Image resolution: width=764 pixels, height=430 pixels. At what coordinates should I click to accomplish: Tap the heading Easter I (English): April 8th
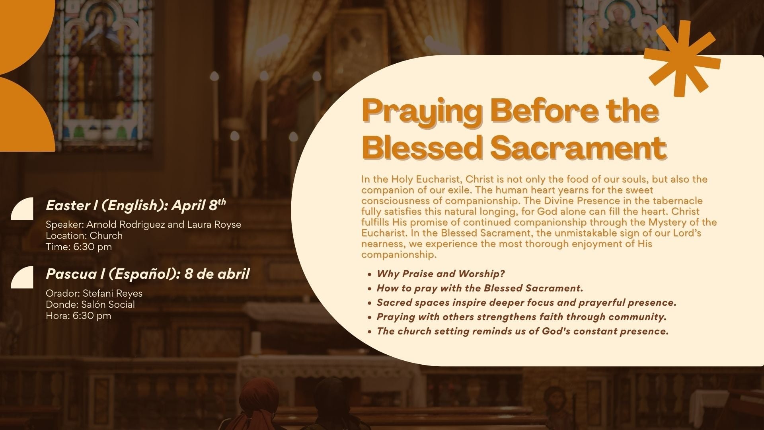pos(136,205)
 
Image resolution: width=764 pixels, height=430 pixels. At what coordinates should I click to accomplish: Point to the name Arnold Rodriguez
pos(125,225)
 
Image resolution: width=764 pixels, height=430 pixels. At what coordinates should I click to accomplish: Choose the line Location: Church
pos(84,236)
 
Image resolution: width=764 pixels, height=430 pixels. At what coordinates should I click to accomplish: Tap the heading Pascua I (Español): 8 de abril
pos(148,274)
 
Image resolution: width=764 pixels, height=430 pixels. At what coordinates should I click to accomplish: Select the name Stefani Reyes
pos(112,293)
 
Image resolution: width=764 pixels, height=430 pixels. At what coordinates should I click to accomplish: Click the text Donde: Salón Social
pos(90,305)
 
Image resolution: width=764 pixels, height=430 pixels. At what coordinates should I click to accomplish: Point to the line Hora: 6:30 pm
pos(78,316)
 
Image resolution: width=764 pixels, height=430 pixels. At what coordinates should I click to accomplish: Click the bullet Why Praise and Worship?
pos(440,274)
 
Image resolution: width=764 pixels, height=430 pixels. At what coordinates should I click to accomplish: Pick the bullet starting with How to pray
pos(480,288)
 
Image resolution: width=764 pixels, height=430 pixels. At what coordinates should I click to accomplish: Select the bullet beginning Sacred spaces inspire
pos(526,303)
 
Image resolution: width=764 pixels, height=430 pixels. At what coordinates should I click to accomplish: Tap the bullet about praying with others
pos(521,317)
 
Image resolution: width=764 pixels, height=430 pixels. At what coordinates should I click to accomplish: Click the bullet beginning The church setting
pos(522,331)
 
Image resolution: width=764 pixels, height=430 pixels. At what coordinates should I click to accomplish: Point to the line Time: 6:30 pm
pos(79,247)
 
